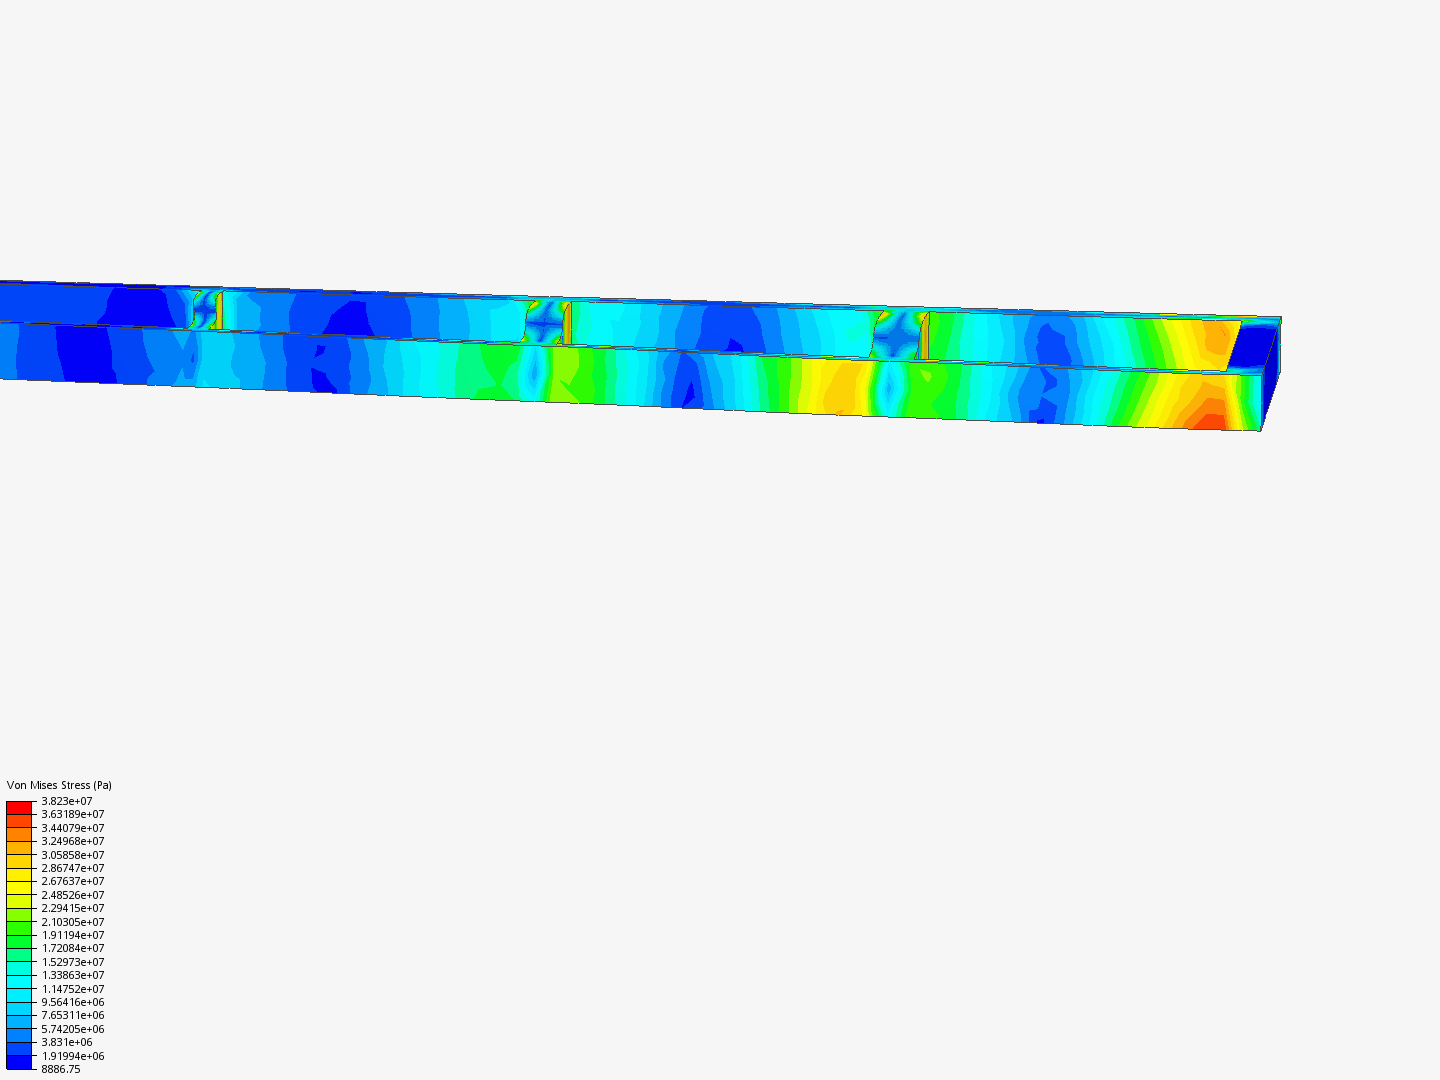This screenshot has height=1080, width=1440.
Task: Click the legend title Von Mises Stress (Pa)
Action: pos(59,785)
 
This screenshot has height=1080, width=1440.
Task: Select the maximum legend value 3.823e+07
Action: pos(67,801)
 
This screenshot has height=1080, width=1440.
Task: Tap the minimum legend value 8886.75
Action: pos(61,1069)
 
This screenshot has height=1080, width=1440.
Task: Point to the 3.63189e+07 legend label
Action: pos(72,814)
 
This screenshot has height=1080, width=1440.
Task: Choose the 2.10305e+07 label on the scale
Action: pos(72,922)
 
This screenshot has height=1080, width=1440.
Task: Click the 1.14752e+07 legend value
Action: pos(72,989)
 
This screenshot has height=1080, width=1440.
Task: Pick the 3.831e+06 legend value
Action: pos(67,1042)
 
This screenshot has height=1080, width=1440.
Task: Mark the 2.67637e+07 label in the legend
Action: pos(72,881)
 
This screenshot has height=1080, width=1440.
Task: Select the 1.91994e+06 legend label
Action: pos(72,1056)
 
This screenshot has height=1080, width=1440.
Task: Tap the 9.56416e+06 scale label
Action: pos(72,1002)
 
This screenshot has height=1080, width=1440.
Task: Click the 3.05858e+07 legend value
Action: pos(72,855)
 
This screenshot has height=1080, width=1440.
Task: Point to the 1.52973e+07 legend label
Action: pos(72,962)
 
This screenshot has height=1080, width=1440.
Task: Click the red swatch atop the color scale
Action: pos(19,807)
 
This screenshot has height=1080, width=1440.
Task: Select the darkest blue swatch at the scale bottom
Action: pos(19,1062)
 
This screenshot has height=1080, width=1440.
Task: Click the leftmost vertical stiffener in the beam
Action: pos(219,309)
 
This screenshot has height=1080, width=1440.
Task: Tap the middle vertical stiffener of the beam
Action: pos(567,324)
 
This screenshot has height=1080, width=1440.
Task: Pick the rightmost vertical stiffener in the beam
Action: pos(924,337)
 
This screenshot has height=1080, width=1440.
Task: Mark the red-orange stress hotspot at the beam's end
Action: pos(1208,421)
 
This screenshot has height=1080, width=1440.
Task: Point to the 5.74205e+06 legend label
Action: pos(72,1029)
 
